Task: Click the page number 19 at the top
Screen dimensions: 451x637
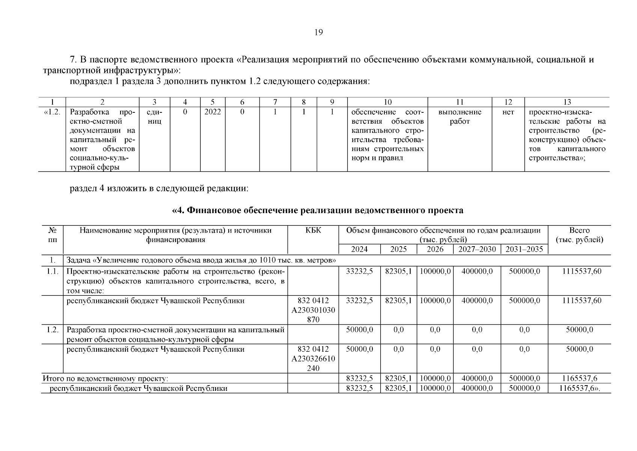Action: [318, 32]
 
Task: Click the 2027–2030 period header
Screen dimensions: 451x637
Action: [477, 250]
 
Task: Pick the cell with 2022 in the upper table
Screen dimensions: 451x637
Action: [212, 112]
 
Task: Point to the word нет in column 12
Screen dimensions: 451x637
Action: [508, 112]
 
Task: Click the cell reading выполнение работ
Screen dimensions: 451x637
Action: [459, 117]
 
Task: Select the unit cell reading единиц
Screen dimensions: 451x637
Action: [154, 117]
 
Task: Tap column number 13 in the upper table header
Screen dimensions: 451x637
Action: [567, 102]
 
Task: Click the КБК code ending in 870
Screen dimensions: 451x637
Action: [313, 310]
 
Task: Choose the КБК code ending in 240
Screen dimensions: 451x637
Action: [313, 359]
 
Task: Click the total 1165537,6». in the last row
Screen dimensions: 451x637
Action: [580, 389]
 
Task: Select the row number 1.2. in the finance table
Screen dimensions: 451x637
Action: [53, 330]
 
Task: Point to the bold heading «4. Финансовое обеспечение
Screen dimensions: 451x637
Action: [318, 210]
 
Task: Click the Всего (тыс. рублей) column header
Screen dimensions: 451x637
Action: [579, 235]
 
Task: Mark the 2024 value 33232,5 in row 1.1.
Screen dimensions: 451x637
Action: [359, 271]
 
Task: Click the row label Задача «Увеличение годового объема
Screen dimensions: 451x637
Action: [201, 260]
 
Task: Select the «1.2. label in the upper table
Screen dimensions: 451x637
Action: [52, 112]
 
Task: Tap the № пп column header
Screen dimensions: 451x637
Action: [53, 235]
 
